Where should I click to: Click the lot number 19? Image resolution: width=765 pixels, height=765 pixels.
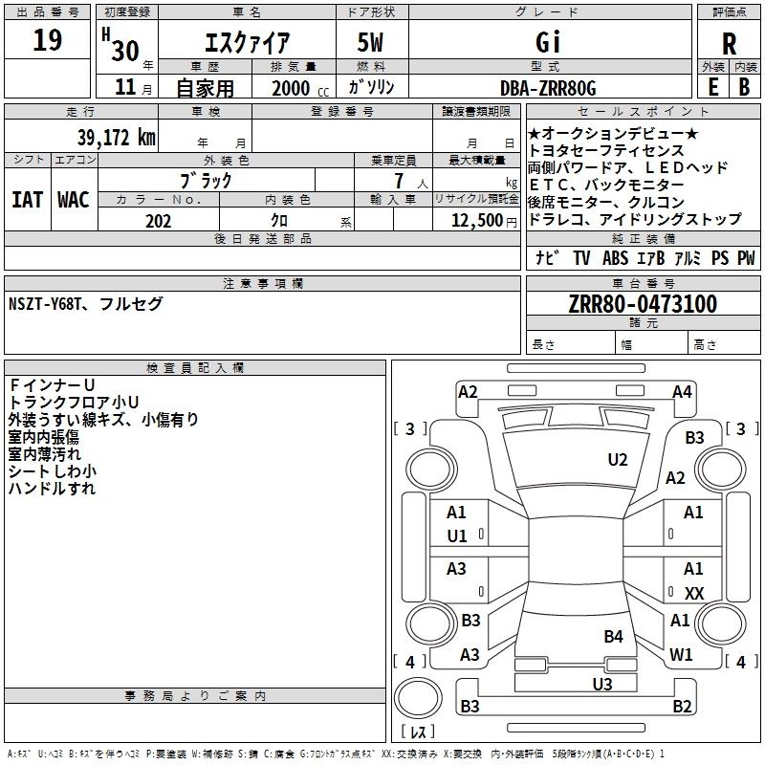tap(48, 41)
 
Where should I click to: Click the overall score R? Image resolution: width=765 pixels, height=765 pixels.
tap(730, 44)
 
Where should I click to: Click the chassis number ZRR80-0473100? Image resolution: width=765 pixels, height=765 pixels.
tap(642, 305)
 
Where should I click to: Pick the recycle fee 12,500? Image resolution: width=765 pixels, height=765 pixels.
tap(475, 221)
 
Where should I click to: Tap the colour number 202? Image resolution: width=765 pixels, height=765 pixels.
tap(158, 221)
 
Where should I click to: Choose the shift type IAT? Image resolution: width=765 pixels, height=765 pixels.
tap(27, 200)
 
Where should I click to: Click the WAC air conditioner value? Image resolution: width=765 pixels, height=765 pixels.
tap(73, 200)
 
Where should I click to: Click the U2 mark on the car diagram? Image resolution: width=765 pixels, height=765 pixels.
tap(618, 460)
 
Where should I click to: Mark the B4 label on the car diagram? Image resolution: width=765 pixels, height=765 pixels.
tap(613, 636)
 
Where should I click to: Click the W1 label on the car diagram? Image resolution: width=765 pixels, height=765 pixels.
tap(681, 655)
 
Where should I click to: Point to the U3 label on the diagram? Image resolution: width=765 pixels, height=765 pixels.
tap(601, 684)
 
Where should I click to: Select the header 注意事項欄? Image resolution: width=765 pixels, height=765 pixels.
tap(263, 284)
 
